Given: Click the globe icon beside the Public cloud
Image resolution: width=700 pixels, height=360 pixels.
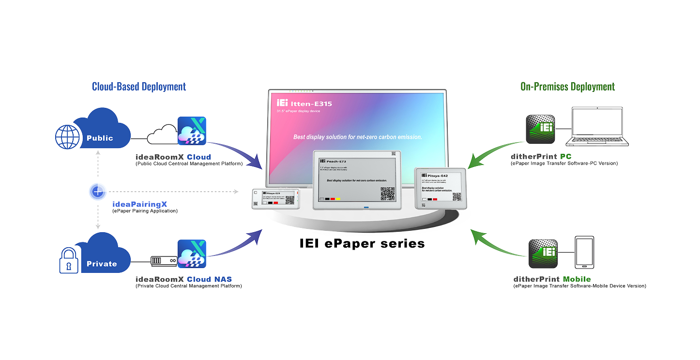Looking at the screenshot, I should [67, 137].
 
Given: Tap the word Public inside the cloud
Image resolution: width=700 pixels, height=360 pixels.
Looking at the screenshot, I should [100, 138].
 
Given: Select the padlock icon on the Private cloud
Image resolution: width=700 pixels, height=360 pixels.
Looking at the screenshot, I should [69, 261].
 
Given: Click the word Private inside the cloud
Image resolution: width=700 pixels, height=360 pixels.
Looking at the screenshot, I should [102, 264].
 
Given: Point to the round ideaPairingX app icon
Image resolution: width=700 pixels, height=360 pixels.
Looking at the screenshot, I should [98, 192].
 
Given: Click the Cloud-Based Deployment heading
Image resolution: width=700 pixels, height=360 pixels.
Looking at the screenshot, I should [139, 87].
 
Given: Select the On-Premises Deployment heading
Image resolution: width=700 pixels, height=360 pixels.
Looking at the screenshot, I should [567, 87].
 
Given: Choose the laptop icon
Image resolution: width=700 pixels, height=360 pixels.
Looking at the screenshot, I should [597, 128].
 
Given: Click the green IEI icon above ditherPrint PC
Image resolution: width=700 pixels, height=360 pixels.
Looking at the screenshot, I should [540, 130].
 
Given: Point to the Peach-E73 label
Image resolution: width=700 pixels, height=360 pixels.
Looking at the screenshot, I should [337, 161].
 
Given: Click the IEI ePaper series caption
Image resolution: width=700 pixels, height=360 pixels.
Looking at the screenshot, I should [362, 243].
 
